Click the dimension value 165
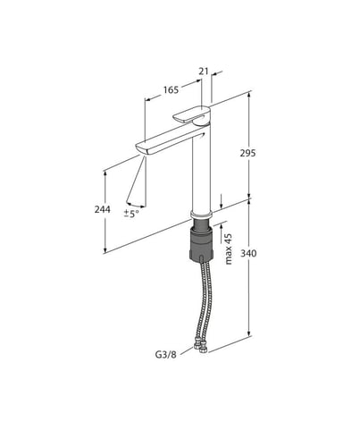pos(171,89)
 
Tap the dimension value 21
pos(204,72)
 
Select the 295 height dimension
pos(247,153)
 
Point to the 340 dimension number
pos(248,253)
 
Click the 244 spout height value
pos(102,209)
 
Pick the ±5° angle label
pos(131,214)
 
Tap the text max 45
pos(229,249)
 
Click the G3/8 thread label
pos(166,354)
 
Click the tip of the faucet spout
pos(140,148)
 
